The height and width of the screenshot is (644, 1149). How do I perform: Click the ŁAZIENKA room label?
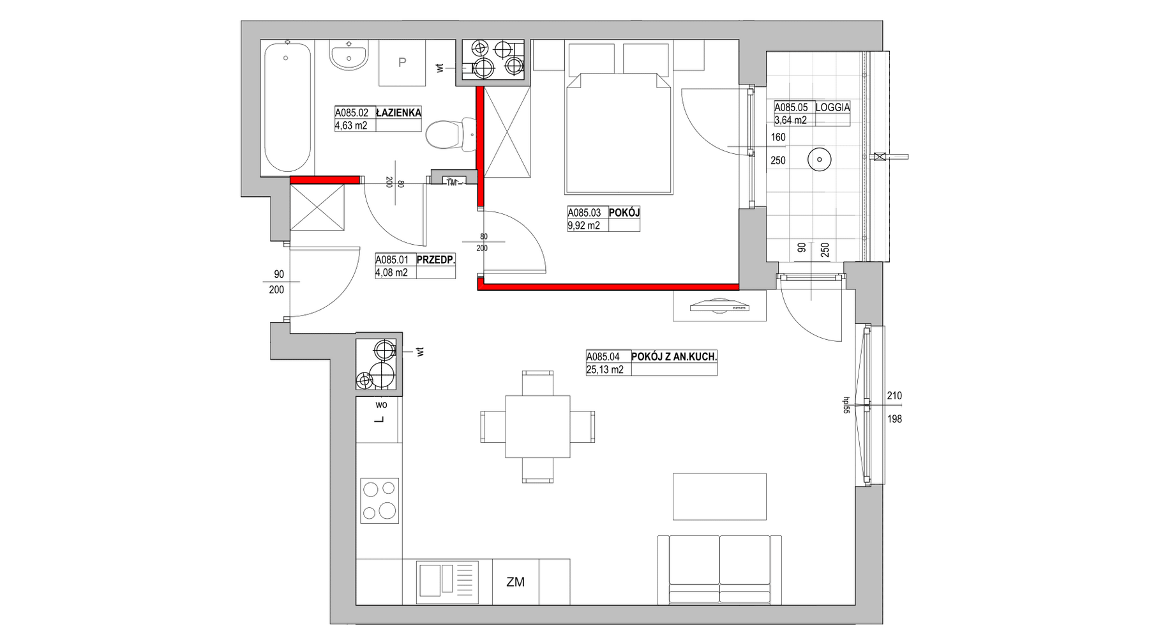[398, 113]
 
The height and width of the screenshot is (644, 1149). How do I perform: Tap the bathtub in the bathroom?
[287, 107]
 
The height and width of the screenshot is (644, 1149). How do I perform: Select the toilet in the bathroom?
[451, 135]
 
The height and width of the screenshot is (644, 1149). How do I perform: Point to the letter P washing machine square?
[402, 63]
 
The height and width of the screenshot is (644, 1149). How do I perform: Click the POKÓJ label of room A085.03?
[624, 213]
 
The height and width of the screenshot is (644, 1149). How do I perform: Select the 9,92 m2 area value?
[583, 226]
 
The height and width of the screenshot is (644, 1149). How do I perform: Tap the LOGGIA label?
[832, 108]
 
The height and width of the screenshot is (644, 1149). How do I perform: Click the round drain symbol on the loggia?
[818, 159]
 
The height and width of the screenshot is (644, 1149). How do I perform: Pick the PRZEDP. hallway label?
[435, 260]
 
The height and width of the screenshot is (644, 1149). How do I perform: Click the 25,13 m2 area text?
[605, 369]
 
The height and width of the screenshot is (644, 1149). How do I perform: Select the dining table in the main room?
[537, 427]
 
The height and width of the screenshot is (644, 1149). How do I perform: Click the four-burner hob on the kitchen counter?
[380, 500]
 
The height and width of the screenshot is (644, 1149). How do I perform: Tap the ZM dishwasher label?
[515, 582]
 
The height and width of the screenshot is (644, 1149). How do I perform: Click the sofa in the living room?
[719, 569]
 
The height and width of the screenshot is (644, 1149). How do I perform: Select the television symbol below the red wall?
[719, 306]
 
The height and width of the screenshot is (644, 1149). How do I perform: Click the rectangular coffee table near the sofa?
[719, 496]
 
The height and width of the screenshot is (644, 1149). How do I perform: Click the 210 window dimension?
[894, 396]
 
